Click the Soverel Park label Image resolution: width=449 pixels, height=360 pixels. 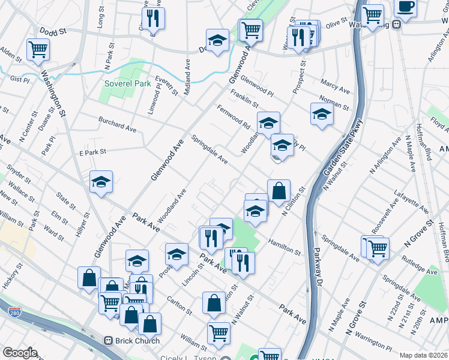pyautogui.click(x=127, y=84)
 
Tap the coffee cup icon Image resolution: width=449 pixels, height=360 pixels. pyautogui.click(x=405, y=7)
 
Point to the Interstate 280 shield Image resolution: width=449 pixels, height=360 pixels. pyautogui.click(x=14, y=312)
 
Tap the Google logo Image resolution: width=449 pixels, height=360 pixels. pyautogui.click(x=20, y=353)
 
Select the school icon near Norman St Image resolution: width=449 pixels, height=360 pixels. pyautogui.click(x=322, y=113)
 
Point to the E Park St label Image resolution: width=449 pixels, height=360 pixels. pyautogui.click(x=92, y=152)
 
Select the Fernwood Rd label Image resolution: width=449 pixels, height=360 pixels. pyautogui.click(x=234, y=118)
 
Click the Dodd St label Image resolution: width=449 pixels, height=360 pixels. pyautogui.click(x=53, y=31)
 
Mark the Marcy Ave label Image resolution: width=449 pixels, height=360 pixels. pyautogui.click(x=336, y=85)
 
